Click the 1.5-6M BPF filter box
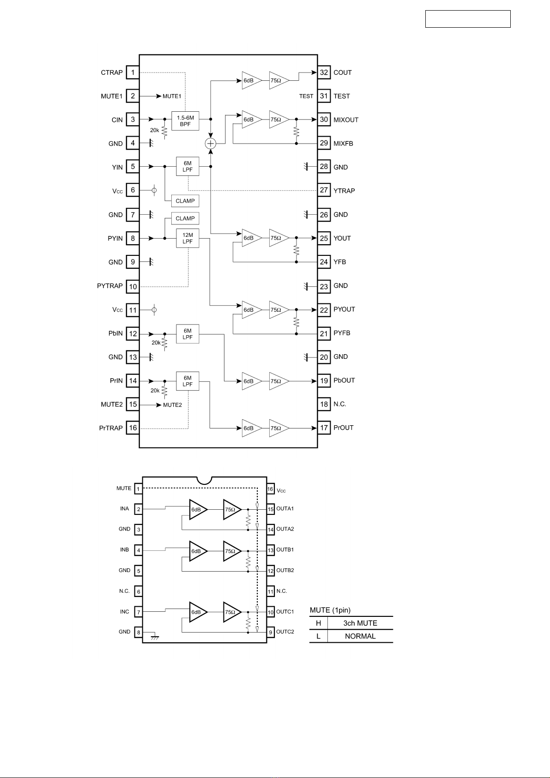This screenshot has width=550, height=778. point(185,121)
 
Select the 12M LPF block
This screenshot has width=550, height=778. point(187,238)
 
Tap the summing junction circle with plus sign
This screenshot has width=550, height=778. point(211,144)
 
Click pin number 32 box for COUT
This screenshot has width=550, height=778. point(324,72)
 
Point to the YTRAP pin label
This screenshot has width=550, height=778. point(344,191)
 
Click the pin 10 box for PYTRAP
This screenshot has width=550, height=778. point(133,287)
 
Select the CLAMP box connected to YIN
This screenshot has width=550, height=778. point(185,201)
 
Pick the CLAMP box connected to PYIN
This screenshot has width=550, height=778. point(185,218)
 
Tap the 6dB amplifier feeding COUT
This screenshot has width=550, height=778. point(251,81)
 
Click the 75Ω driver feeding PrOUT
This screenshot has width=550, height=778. point(278,428)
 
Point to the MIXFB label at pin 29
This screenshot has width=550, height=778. point(343,144)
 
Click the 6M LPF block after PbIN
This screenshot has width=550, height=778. point(187,334)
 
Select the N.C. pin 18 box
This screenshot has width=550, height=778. point(324,404)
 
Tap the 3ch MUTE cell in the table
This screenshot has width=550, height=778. point(360,623)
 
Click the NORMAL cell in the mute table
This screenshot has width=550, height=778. point(360,636)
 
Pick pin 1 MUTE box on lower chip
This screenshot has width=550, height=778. point(138,489)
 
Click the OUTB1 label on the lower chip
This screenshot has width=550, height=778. point(285,550)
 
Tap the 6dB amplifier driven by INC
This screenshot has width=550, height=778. point(198,612)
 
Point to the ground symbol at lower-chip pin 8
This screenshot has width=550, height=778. point(155,637)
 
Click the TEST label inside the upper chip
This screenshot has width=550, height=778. point(306,96)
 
